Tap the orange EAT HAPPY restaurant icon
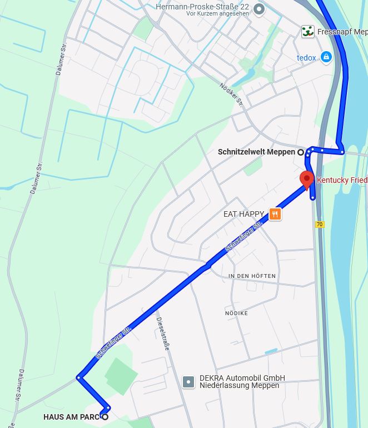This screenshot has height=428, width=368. pyautogui.click(x=275, y=214)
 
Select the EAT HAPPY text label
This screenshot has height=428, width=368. pyautogui.click(x=243, y=214)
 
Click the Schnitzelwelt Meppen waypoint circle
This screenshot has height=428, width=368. pyautogui.click(x=301, y=152)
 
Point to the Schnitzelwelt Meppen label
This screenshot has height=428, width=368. pyautogui.click(x=256, y=152)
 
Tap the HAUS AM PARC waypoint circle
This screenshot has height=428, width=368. pyautogui.click(x=105, y=416)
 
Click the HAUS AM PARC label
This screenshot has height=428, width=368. pyautogui.click(x=71, y=417)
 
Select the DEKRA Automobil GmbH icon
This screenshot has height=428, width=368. pyautogui.click(x=189, y=382)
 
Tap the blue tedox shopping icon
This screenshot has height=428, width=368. pyautogui.click(x=326, y=57)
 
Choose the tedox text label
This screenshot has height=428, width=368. pyautogui.click(x=306, y=57)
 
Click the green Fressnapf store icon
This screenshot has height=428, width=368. pyautogui.click(x=308, y=32)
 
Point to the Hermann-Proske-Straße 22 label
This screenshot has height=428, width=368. pyautogui.click(x=202, y=7)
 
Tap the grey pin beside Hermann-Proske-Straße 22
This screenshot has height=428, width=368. pyautogui.click(x=259, y=9)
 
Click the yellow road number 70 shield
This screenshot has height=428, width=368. pyautogui.click(x=319, y=225)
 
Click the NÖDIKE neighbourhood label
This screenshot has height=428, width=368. pyautogui.click(x=236, y=313)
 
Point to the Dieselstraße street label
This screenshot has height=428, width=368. pyautogui.click(x=163, y=334)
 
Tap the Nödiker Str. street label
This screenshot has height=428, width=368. pyautogui.click(x=232, y=93)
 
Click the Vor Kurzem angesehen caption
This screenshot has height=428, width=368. pyautogui.click(x=218, y=13)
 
